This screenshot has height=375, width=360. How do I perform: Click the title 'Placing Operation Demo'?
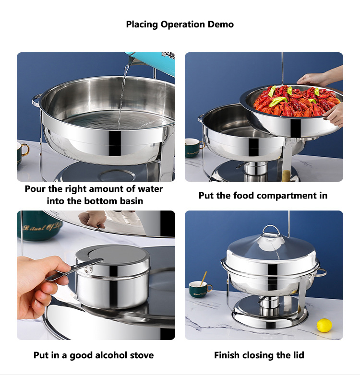pyautogui.click(x=180, y=24)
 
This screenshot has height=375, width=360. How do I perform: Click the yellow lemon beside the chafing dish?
pyautogui.click(x=324, y=326)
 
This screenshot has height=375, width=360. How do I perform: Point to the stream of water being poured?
pyautogui.click(x=123, y=91)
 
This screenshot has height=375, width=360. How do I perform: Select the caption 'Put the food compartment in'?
pyautogui.click(x=263, y=196)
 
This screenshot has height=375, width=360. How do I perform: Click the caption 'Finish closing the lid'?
pyautogui.click(x=259, y=355)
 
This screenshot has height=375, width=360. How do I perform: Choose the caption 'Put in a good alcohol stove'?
pyautogui.click(x=94, y=355)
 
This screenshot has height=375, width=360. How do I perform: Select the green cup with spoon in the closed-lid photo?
pyautogui.click(x=200, y=289)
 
